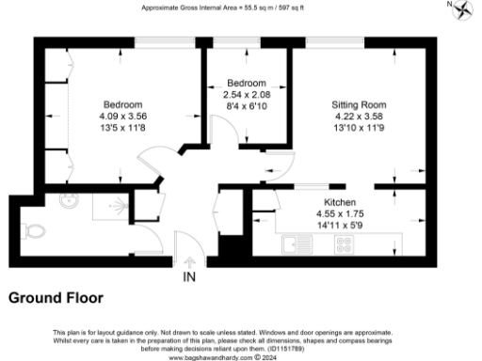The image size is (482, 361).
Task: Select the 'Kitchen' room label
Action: tap(339, 202)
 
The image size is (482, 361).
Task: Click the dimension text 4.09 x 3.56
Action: tap(122, 117)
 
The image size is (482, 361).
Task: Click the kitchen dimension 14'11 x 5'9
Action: tap(339, 227)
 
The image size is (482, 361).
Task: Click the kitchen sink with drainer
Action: tap(300, 246)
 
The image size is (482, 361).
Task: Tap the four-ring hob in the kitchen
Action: tap(345, 245)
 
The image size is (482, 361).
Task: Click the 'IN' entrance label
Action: tap(189, 276)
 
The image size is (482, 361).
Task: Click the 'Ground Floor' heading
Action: tap(56, 298)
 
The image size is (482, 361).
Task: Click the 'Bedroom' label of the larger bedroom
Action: tap(122, 103)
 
